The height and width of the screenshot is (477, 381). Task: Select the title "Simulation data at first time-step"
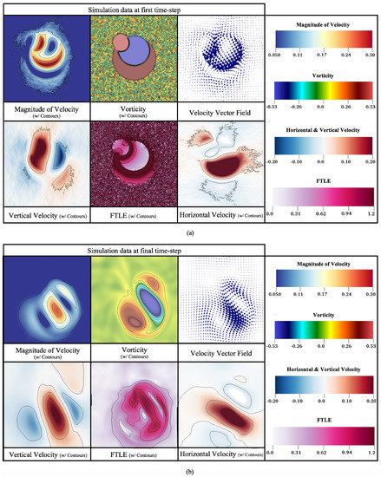(x=133, y=6)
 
